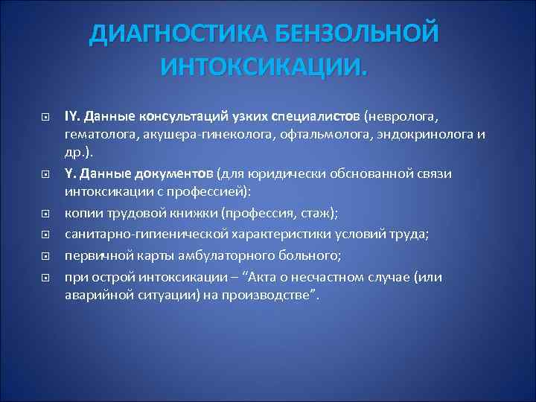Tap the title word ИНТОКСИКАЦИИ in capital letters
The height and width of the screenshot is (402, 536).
coord(264,69)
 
